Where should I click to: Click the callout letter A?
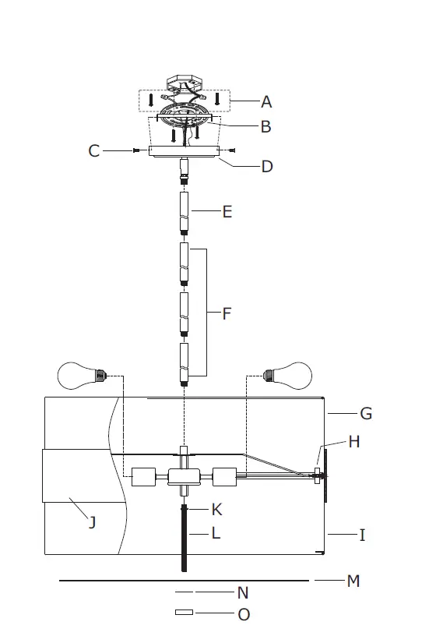[x=267, y=101]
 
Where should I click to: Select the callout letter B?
[x=265, y=126]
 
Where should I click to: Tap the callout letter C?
[x=94, y=150]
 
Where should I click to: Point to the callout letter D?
[x=267, y=166]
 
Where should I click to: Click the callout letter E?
[x=227, y=211]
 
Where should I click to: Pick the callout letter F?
[x=227, y=314]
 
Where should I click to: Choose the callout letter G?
[x=365, y=413]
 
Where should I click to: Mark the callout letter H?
[x=354, y=442]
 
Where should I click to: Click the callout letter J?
[x=92, y=522]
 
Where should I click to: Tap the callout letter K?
[x=217, y=510]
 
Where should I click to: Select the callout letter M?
[x=353, y=581]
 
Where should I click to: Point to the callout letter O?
[x=244, y=614]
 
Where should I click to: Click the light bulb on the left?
[x=80, y=376]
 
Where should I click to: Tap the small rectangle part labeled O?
[x=184, y=613]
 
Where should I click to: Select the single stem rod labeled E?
[x=185, y=212]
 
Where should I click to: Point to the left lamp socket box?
[x=145, y=476]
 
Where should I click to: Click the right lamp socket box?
[x=224, y=476]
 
